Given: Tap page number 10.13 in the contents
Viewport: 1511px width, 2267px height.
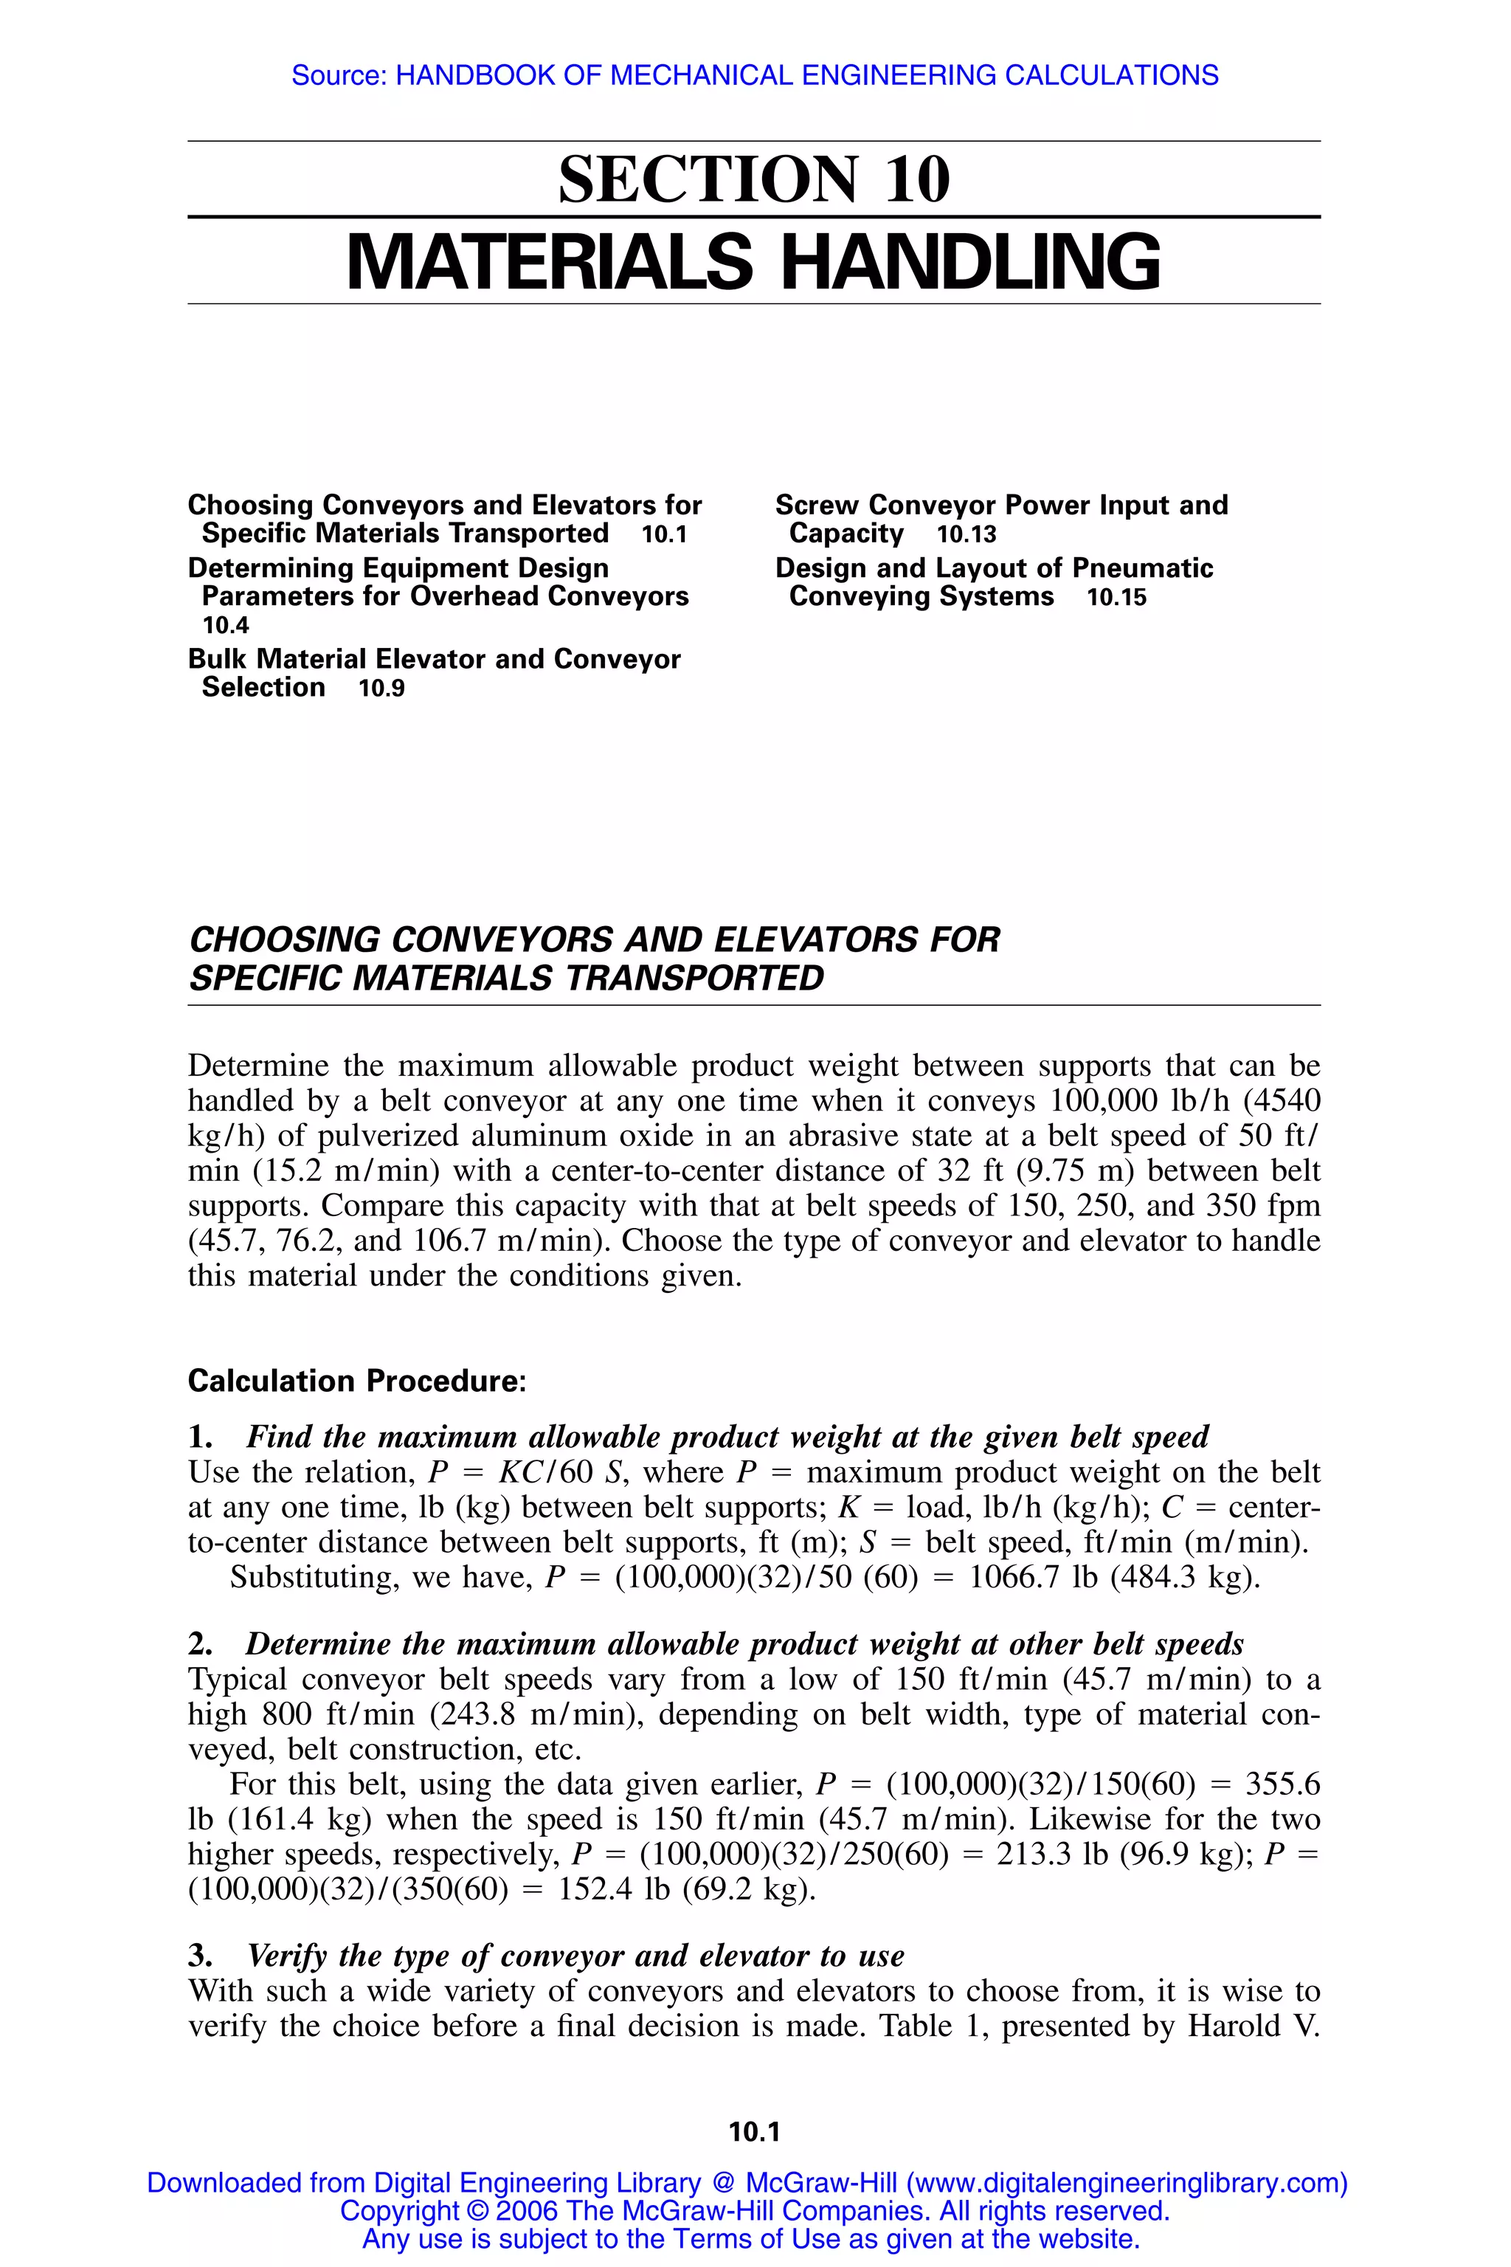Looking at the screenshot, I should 966,535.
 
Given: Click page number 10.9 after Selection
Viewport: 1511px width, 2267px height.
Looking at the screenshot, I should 381,689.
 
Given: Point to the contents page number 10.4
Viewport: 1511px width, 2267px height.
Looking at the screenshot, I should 226,626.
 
